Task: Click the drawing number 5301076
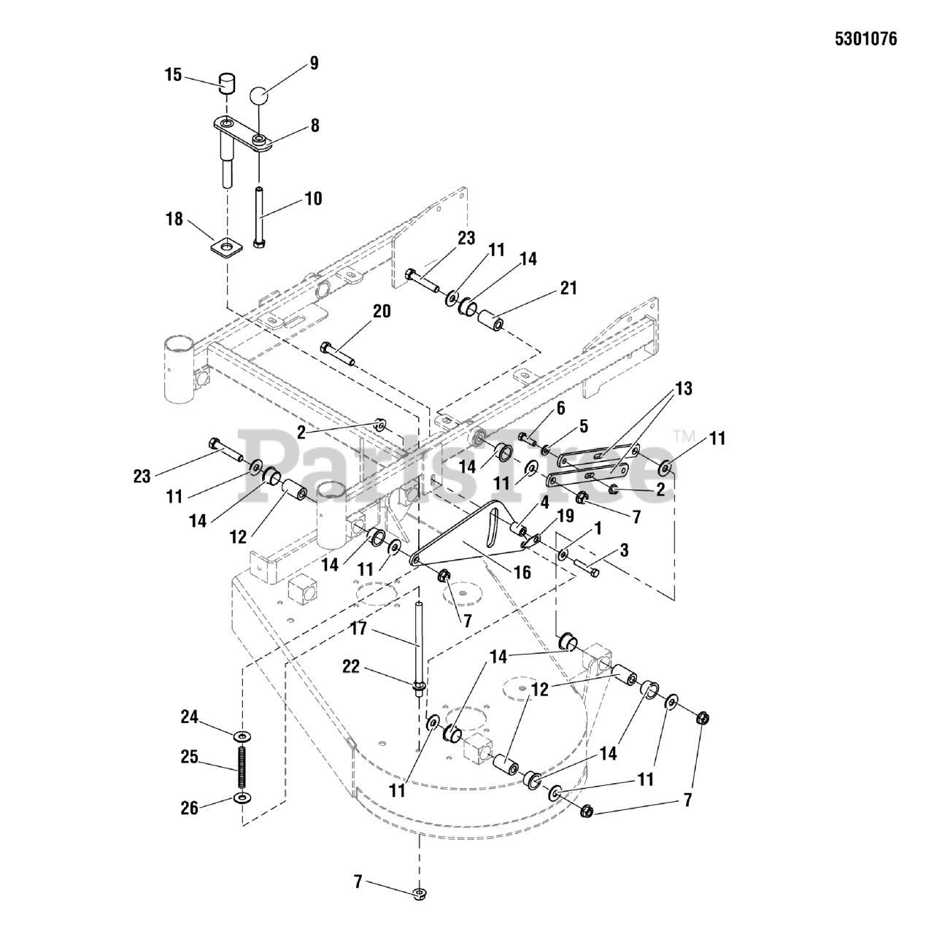coord(865,39)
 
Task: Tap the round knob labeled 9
coord(259,96)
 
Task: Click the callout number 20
coord(381,312)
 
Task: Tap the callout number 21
coord(568,287)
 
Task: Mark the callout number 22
coord(352,666)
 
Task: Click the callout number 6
coord(560,409)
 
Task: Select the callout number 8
coord(314,126)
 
